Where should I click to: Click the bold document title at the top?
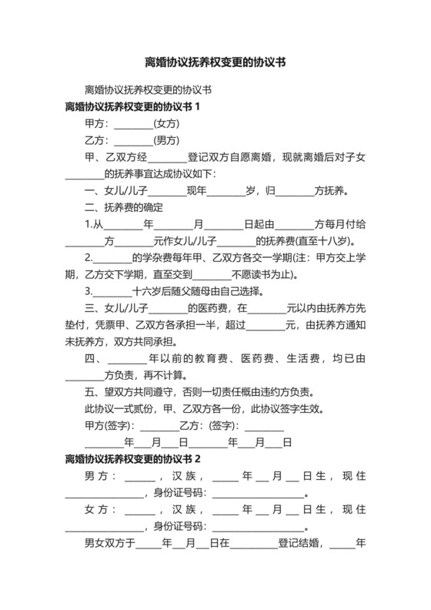[215, 62]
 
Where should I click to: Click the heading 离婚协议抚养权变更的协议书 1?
[133, 106]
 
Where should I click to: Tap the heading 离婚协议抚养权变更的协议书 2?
[133, 459]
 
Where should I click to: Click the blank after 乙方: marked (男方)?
[133, 140]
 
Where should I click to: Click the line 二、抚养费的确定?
[123, 207]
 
